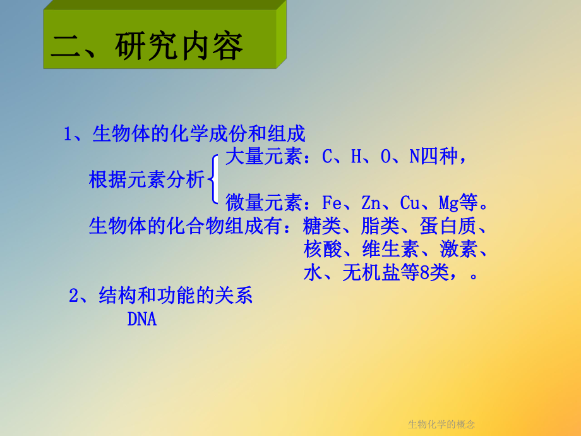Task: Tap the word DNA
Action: pos(141,319)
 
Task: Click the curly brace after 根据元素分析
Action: pos(214,180)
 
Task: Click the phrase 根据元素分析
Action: pos(147,181)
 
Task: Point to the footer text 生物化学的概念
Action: pos(441,423)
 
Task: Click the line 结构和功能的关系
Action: pos(176,296)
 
